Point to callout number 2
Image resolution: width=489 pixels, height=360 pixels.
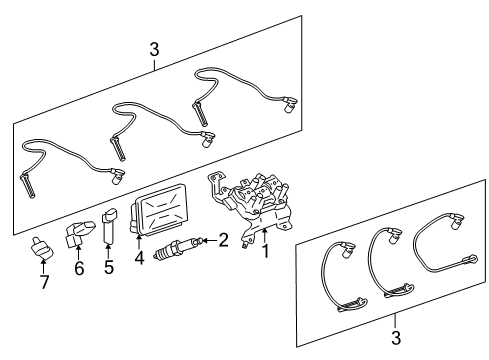click(223, 239)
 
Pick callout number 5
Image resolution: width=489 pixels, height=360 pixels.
click(108, 267)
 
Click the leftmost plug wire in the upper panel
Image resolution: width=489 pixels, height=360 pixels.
click(60, 159)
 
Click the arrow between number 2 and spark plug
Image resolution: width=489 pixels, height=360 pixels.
click(208, 240)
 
